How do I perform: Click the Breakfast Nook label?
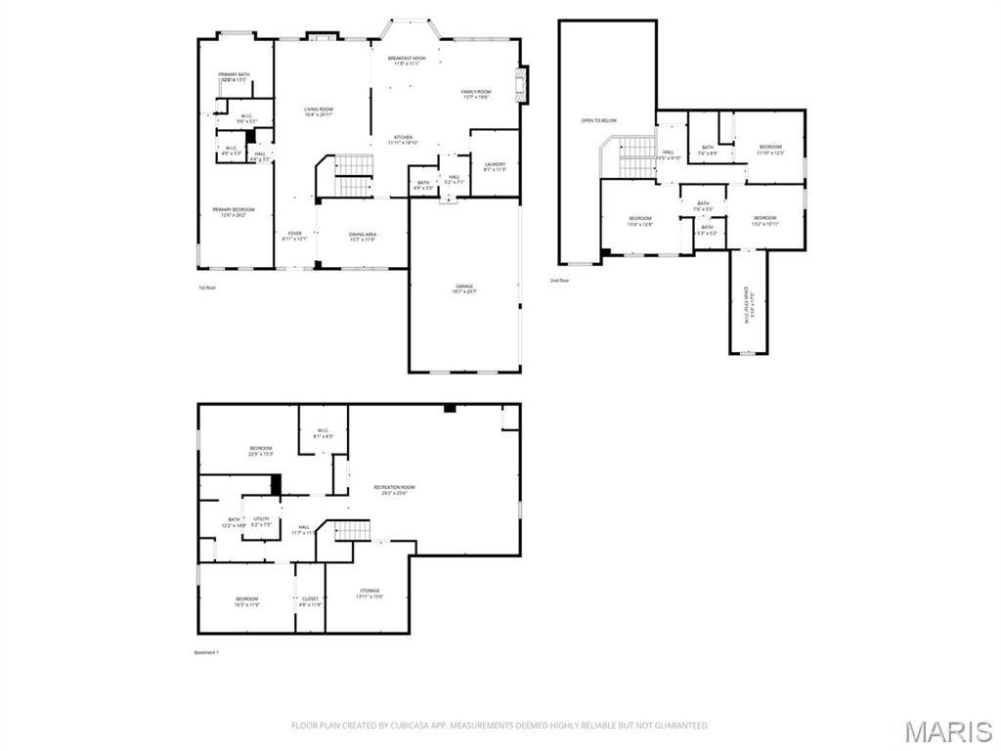407,61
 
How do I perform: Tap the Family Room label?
476,94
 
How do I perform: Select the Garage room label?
463,288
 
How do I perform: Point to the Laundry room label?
494,166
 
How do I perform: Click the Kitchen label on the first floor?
403,139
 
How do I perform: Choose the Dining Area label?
363,236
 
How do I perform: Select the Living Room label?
319,111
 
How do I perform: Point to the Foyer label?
294,236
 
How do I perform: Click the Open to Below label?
599,120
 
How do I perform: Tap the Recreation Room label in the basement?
394,489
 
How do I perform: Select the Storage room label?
370,593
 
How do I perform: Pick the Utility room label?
261,521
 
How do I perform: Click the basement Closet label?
310,601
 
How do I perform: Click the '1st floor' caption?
207,287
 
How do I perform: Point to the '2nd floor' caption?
560,281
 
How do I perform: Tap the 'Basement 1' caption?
208,652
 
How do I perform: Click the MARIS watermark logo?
947,731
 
